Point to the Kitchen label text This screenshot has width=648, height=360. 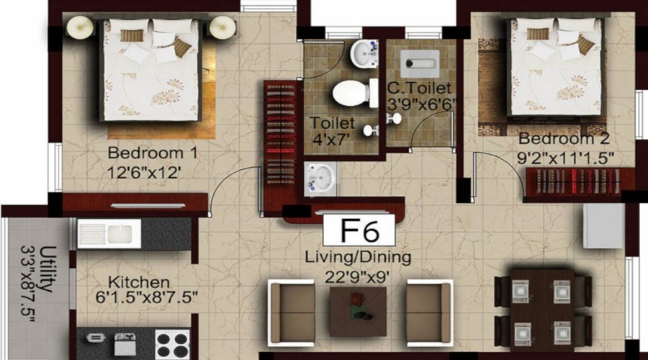point(139,282)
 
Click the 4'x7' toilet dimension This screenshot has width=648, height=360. point(330,139)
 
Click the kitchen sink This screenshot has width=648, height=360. point(108,233)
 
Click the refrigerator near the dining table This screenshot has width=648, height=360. point(603,225)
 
